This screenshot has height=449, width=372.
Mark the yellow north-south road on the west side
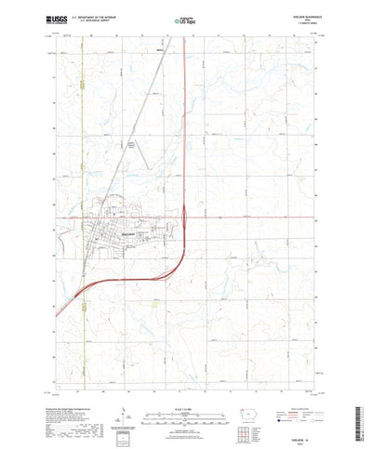point(82,139)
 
